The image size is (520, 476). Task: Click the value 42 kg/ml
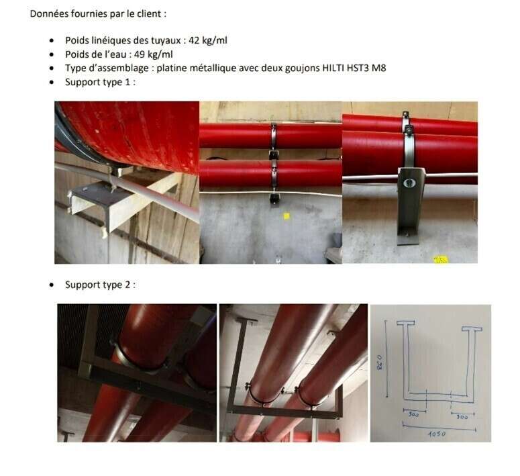point(208,40)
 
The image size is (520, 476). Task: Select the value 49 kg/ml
point(154,54)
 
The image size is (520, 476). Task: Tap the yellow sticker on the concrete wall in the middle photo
point(287,216)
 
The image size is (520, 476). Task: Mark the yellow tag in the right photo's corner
point(441,260)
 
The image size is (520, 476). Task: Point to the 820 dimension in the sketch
point(379,363)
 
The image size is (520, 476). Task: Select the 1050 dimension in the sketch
point(437,434)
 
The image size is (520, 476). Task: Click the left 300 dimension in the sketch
point(413,415)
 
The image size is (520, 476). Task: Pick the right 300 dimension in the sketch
point(462,416)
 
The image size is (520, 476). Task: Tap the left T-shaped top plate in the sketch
point(405,323)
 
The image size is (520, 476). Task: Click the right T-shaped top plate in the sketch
point(472,329)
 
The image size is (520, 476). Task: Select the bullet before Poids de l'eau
point(52,54)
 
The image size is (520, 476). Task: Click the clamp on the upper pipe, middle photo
point(273,136)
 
